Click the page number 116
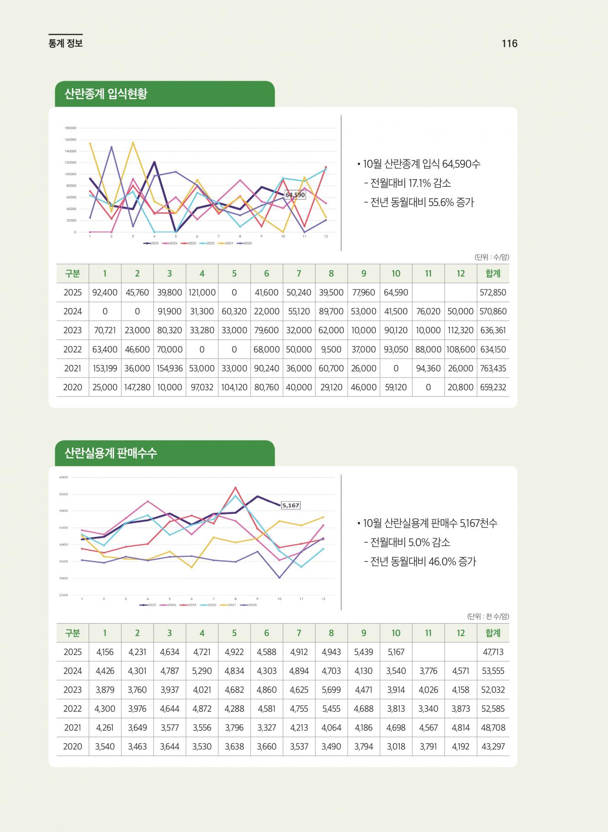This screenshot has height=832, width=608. click(509, 43)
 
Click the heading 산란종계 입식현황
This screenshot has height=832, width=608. click(106, 94)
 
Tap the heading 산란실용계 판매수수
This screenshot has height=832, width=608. click(111, 453)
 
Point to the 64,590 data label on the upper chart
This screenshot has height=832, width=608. click(295, 195)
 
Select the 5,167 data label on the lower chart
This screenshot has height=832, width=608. click(291, 505)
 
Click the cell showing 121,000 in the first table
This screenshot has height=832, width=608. click(202, 293)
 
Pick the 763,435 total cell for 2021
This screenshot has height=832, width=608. click(493, 368)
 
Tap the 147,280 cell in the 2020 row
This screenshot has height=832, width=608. click(137, 387)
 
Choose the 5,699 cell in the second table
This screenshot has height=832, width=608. click(331, 690)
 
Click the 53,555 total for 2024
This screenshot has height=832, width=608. click(493, 671)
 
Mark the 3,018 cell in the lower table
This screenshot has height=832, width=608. click(396, 747)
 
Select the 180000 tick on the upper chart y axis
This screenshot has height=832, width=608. click(70, 128)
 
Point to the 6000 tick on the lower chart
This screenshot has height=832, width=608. click(63, 477)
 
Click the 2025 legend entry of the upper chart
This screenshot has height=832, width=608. click(151, 243)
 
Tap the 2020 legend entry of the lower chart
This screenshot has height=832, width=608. click(249, 605)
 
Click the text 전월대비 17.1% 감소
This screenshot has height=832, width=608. click(407, 183)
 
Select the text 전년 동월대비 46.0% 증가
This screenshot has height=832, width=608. click(420, 562)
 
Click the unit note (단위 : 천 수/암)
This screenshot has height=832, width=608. click(488, 616)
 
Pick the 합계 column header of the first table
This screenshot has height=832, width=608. click(493, 273)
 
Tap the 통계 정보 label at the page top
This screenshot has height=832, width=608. click(65, 43)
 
